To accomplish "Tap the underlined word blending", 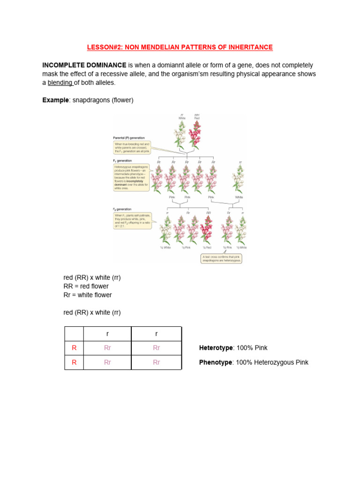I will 60,83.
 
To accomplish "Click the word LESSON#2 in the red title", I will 101,47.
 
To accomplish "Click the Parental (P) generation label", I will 129,138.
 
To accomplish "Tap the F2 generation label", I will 122,209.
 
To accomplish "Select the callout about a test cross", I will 221,258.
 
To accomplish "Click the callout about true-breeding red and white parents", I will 133,148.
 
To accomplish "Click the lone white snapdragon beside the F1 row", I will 239,180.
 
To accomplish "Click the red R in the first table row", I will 74,348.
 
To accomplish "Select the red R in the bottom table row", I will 74,362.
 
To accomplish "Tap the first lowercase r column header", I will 107,334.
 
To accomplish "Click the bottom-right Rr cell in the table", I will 156,362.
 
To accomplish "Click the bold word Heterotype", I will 216,348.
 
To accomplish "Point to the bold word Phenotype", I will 216,362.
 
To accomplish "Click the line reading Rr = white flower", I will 88,295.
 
